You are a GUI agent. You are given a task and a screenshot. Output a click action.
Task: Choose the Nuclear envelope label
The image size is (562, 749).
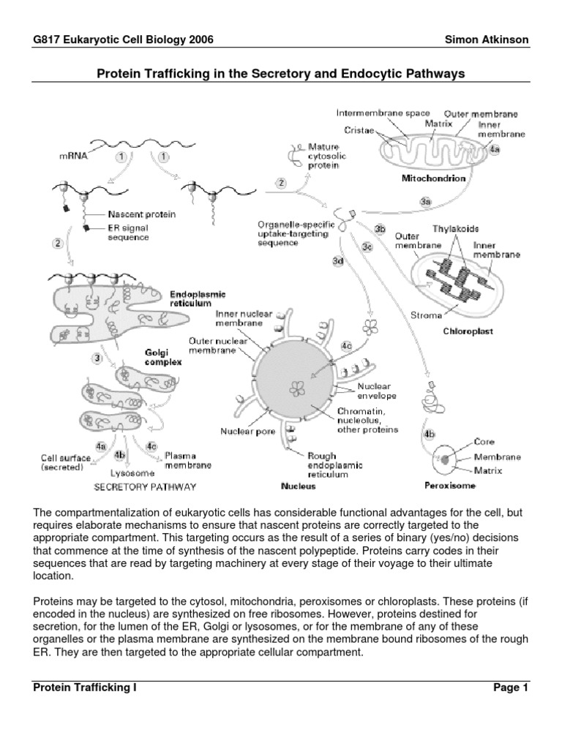click(x=377, y=391)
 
